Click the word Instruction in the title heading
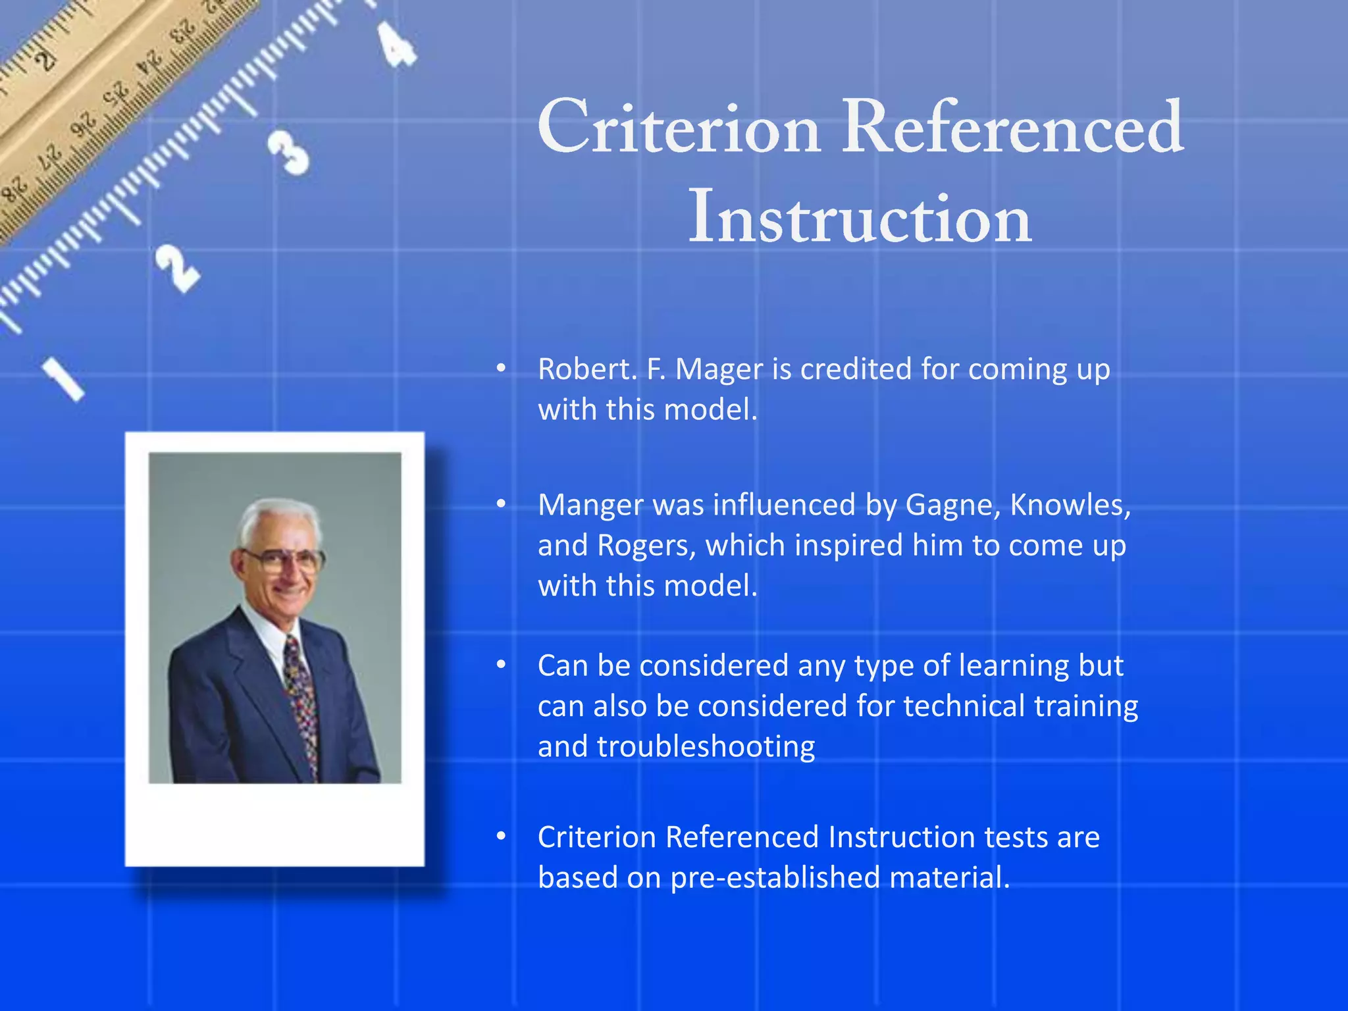tap(860, 217)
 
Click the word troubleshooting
tap(706, 747)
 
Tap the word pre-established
tap(775, 878)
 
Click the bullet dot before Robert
tap(501, 369)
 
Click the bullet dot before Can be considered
tap(501, 665)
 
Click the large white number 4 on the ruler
tap(397, 45)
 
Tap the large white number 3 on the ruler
tap(288, 153)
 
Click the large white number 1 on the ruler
tap(64, 379)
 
